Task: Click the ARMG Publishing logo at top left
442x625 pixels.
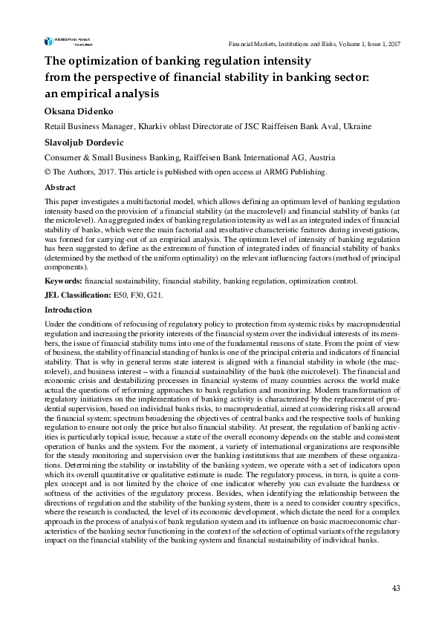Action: pos(65,42)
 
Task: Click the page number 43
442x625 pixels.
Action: pos(396,589)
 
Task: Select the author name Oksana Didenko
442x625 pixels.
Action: pos(77,111)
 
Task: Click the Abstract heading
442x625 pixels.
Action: pos(61,188)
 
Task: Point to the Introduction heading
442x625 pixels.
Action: pos(68,310)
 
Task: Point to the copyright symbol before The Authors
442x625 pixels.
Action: pos(49,172)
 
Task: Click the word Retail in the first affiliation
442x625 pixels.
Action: pos(57,126)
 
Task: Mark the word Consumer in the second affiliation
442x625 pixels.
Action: pos(66,157)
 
